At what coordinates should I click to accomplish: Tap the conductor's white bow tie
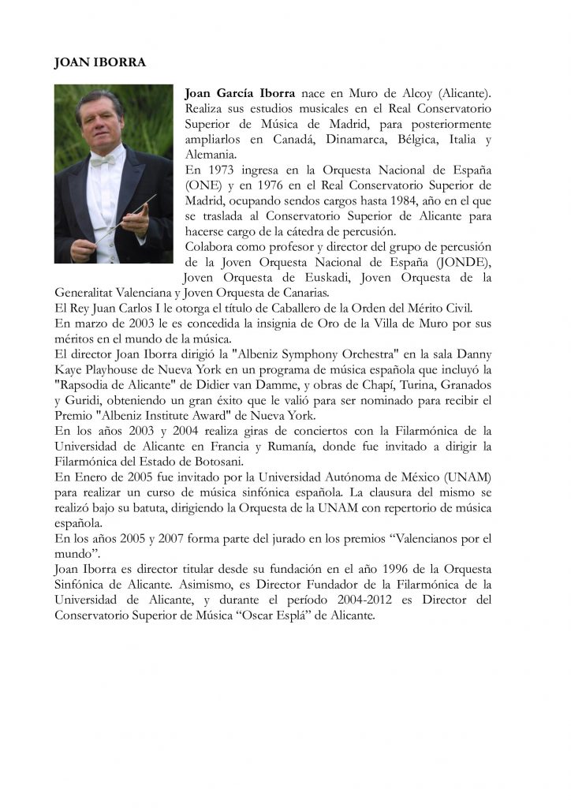click(x=103, y=160)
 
